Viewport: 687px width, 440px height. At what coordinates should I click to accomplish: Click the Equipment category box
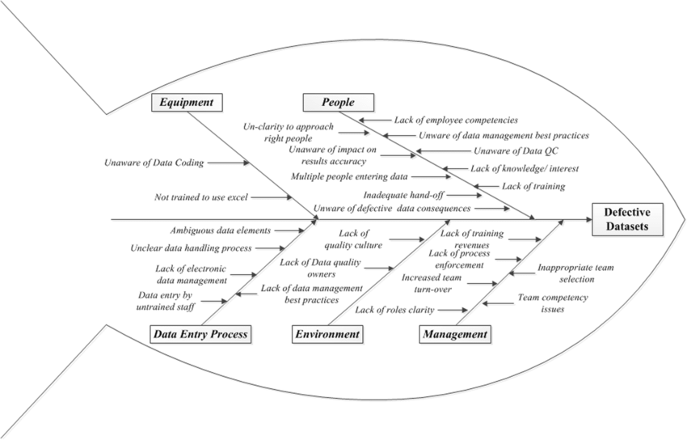point(186,102)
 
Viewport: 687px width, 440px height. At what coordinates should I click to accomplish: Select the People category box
point(339,102)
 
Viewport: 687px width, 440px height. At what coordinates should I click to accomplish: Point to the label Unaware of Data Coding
point(154,163)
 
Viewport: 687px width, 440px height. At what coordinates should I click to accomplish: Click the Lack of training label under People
point(533,186)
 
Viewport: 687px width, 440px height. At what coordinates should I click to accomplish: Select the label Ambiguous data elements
point(220,231)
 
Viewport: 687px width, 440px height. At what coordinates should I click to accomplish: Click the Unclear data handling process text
point(191,247)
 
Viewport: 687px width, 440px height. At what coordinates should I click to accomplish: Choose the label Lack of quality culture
point(353,240)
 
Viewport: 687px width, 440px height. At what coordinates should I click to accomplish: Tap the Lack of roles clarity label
point(394,310)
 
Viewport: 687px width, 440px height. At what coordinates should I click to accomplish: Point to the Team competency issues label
point(553,303)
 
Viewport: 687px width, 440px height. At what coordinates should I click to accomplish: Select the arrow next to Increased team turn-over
point(483,283)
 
